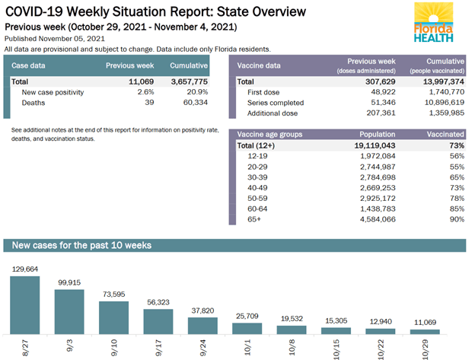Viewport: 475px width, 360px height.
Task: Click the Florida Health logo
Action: [x=435, y=23]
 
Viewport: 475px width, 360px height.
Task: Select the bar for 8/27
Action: [x=24, y=304]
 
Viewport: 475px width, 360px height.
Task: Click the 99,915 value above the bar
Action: [x=69, y=282]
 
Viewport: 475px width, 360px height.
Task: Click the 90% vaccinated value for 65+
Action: [x=456, y=219]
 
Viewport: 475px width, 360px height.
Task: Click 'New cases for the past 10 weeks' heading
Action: [x=81, y=245]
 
